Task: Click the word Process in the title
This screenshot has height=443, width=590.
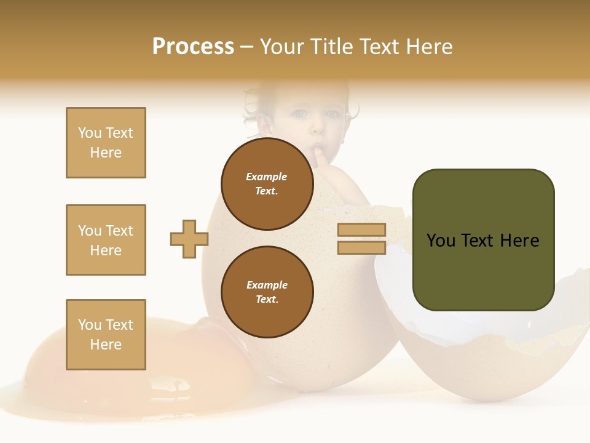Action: pyautogui.click(x=193, y=47)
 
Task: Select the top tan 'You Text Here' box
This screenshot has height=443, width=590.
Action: pyautogui.click(x=106, y=143)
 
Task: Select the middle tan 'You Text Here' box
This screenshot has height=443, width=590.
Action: pyautogui.click(x=106, y=240)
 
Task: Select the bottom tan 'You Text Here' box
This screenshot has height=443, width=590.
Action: pyautogui.click(x=106, y=335)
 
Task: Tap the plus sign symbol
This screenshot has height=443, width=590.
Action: pyautogui.click(x=189, y=239)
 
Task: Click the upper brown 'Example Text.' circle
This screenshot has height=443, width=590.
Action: pyautogui.click(x=267, y=184)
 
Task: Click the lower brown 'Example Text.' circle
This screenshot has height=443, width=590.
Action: pyautogui.click(x=267, y=292)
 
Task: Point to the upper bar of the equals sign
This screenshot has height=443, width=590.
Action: pyautogui.click(x=361, y=230)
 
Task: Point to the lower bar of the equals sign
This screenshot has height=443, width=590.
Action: pyautogui.click(x=361, y=248)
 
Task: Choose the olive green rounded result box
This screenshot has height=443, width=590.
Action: pyautogui.click(x=483, y=239)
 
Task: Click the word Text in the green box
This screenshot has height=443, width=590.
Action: pyautogui.click(x=483, y=241)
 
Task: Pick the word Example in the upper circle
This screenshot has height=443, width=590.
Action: pyautogui.click(x=267, y=177)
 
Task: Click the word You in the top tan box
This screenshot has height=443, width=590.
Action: pyautogui.click(x=90, y=133)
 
